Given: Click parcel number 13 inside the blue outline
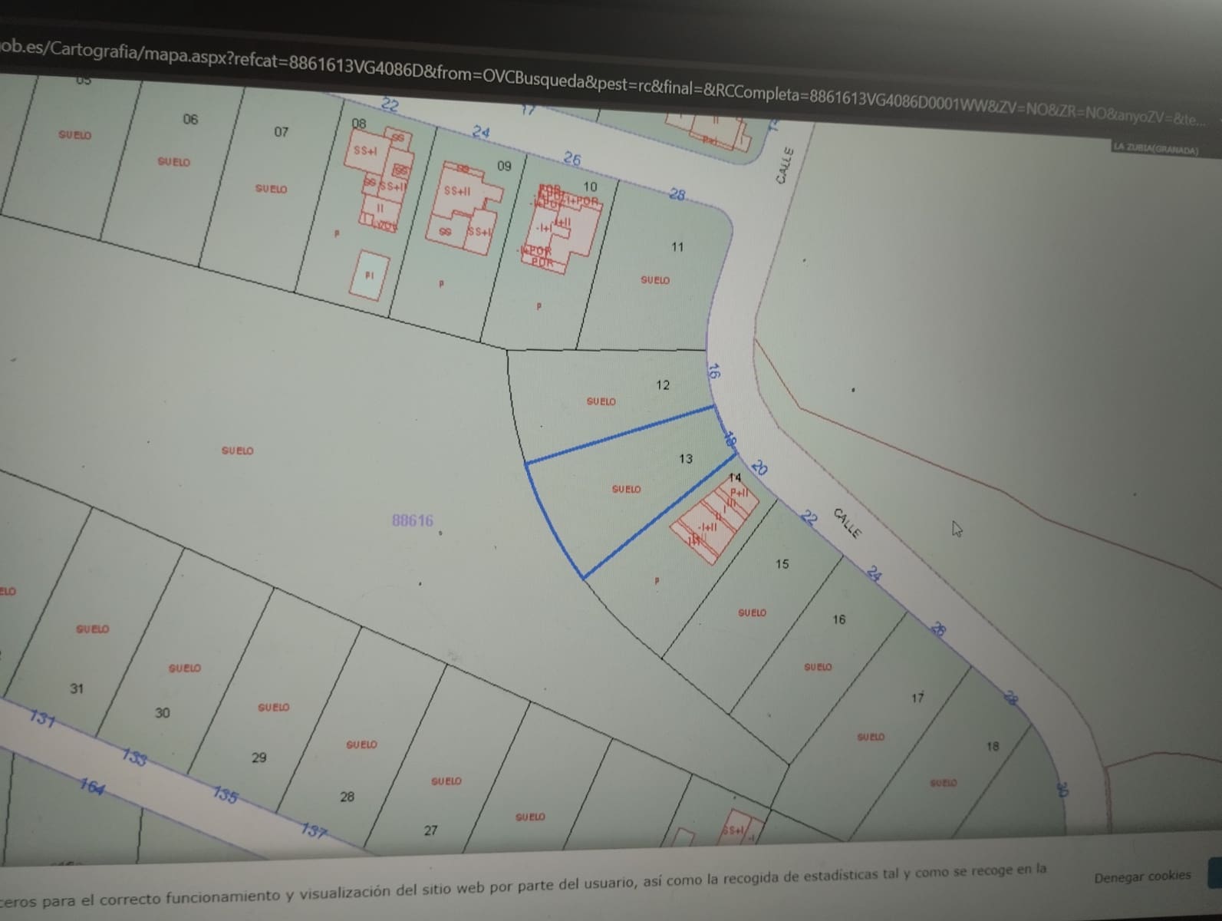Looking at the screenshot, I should click(685, 458).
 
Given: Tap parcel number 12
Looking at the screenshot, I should click(663, 385).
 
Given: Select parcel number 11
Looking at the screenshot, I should click(677, 247).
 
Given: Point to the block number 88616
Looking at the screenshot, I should click(413, 520).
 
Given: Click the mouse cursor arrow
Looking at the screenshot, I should click(957, 529).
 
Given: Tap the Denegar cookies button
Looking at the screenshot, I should click(1141, 876).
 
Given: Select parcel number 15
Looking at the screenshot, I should click(782, 564).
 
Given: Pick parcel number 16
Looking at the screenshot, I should click(838, 619).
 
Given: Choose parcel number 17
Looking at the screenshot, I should click(917, 698).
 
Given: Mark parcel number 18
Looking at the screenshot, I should click(993, 746).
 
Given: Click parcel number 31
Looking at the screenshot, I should click(77, 688).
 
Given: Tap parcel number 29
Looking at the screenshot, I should click(259, 758).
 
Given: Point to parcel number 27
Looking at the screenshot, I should click(430, 830).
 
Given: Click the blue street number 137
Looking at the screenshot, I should click(313, 830).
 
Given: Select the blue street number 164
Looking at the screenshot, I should click(92, 787).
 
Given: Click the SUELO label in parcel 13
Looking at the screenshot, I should click(626, 489).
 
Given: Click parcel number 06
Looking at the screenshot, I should click(190, 119).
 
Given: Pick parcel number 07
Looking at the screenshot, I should click(282, 132).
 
